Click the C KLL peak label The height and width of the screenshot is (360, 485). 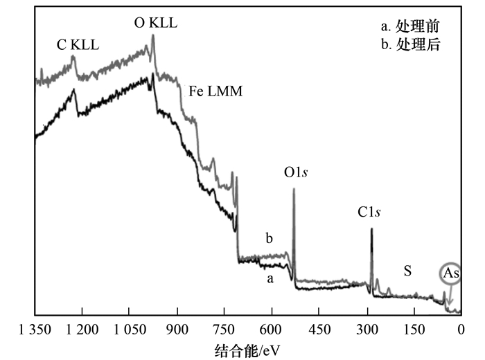click(78, 45)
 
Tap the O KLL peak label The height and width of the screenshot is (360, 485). click(156, 22)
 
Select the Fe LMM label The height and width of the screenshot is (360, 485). click(215, 90)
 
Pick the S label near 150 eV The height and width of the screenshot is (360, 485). click(408, 271)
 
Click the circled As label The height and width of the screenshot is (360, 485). click(450, 273)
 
